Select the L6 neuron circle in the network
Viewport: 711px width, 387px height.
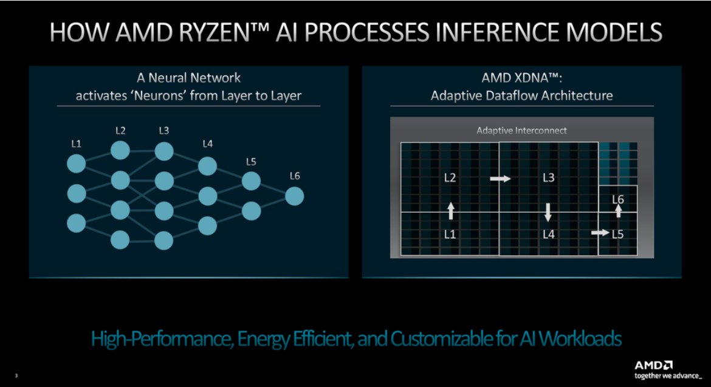coord(294,196)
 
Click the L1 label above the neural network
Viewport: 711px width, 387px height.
coord(76,144)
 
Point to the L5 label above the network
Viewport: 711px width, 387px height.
coord(251,162)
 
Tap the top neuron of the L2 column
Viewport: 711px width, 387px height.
coord(120,149)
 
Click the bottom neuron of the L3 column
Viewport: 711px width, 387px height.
coord(163,241)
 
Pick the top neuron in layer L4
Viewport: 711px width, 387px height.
coord(207,165)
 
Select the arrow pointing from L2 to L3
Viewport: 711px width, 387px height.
coord(501,179)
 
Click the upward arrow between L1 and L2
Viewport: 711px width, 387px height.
coord(450,211)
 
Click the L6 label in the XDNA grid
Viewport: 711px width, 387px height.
coord(618,199)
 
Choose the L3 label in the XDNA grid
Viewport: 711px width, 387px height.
coord(548,178)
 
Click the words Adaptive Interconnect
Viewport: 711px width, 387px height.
coord(521,131)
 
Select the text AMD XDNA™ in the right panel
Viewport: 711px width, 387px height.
coord(521,78)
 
